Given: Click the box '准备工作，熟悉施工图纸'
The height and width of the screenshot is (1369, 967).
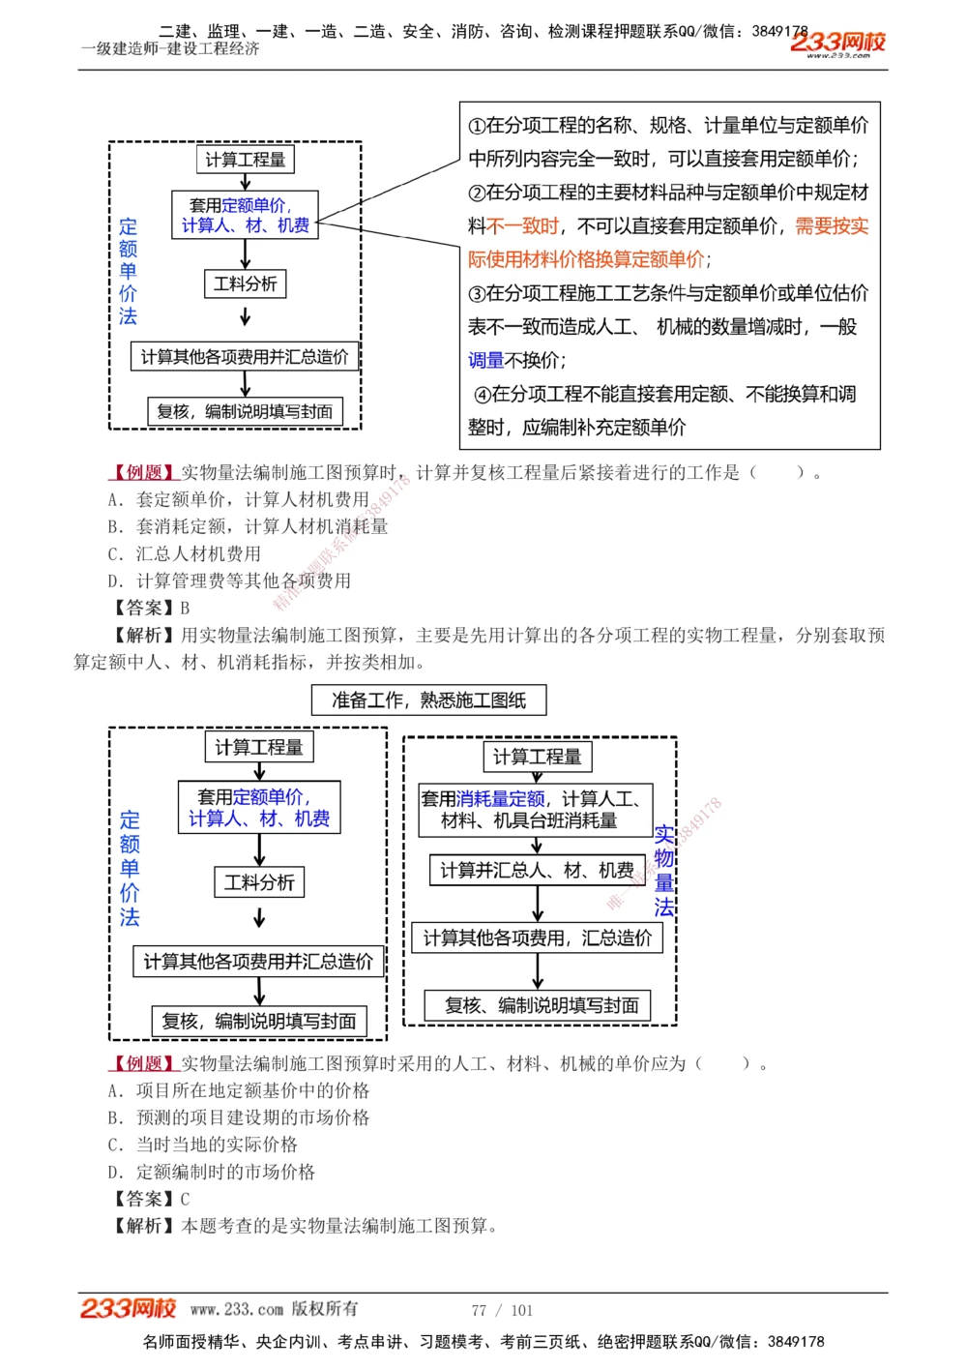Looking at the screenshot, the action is (428, 699).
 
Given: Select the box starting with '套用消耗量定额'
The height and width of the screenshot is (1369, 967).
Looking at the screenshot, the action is (536, 810).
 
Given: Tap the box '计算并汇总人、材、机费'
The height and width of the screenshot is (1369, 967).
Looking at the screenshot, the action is (537, 870).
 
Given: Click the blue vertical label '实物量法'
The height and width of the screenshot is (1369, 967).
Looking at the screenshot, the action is (663, 870).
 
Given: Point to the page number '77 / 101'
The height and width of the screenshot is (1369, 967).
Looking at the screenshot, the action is (502, 1310).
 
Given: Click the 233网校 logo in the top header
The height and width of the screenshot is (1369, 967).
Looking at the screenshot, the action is (837, 44).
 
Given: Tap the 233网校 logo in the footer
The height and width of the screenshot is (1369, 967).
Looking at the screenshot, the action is (128, 1309).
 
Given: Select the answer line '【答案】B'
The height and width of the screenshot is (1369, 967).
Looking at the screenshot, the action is (151, 608).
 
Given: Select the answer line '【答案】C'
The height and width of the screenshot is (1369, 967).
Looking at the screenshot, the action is (151, 1199).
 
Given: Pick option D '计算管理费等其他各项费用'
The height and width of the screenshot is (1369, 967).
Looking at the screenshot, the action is (229, 580).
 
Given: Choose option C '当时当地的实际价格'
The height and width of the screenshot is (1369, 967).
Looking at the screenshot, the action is (202, 1145).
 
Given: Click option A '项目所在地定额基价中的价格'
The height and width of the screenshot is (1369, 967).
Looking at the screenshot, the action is (238, 1090).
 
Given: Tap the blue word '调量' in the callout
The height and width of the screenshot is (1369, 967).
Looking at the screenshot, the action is (486, 360).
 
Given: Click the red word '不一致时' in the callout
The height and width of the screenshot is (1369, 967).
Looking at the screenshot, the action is (523, 225).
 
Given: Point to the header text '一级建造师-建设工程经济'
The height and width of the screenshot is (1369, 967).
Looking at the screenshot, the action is (170, 49).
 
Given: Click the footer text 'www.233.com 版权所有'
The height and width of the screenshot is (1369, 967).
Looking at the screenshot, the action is (274, 1309).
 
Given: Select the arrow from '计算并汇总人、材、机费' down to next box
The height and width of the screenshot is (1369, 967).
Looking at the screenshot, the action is (538, 904).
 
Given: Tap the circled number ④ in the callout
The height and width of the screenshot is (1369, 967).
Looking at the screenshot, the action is (482, 394).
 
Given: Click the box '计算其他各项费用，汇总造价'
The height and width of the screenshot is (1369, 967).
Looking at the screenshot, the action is (538, 937).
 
